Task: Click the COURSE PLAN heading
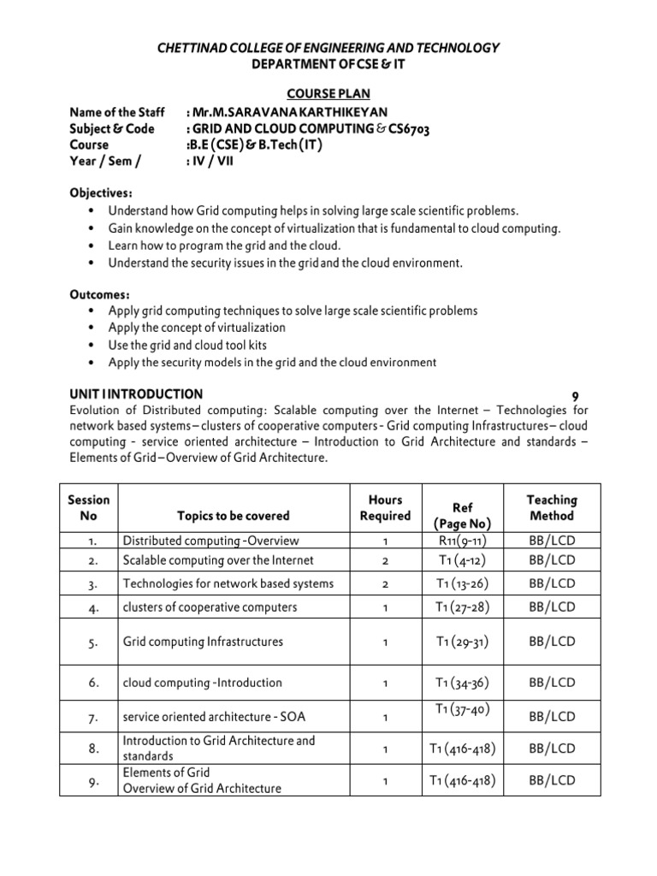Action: point(328,94)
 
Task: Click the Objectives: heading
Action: point(100,193)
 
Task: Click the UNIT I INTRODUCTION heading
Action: point(135,394)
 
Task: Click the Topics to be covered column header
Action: point(233,516)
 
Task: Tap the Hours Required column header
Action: point(385,507)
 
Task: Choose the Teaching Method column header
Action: point(552,507)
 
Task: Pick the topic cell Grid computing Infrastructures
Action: point(203,641)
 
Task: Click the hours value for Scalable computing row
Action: point(386,560)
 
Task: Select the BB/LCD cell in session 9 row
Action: point(552,780)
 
